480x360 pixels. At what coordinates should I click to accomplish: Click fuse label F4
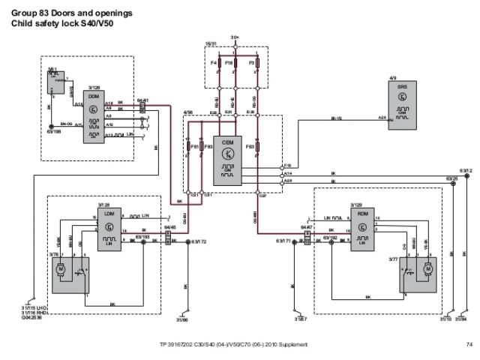click(214, 64)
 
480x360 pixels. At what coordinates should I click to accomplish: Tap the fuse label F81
click(194, 145)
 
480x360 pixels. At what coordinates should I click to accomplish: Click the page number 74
click(469, 344)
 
